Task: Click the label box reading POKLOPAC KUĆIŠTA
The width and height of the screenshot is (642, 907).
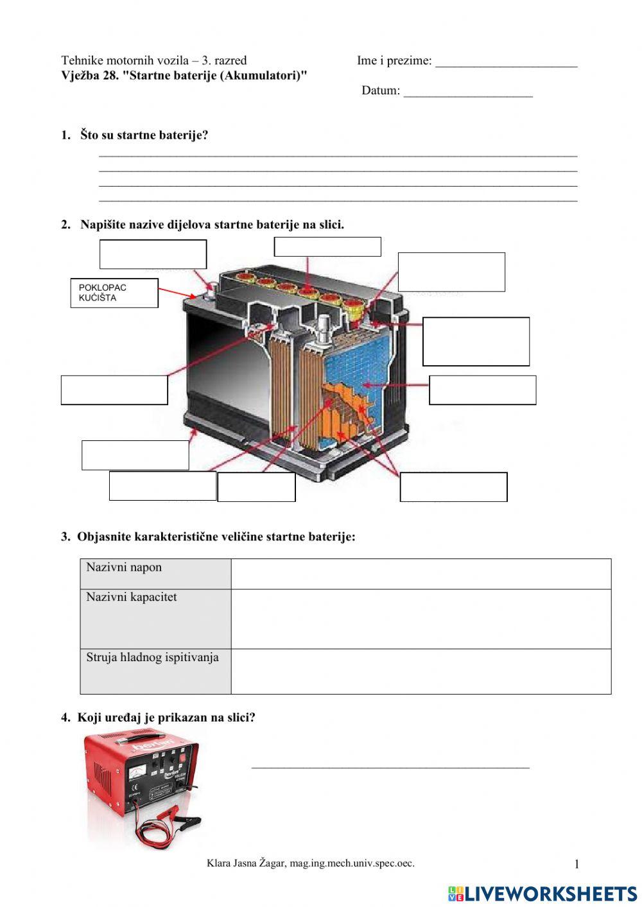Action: [114, 293]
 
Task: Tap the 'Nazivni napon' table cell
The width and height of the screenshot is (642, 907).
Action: [155, 574]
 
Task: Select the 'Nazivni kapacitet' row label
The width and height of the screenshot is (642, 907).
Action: [155, 619]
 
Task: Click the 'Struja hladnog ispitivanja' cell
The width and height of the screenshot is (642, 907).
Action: [155, 671]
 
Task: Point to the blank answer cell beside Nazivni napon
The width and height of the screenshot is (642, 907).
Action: [421, 574]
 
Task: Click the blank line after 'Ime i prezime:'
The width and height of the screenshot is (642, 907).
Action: [506, 63]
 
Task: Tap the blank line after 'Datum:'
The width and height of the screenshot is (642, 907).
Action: [468, 92]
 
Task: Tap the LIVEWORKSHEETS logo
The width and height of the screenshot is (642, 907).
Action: [542, 893]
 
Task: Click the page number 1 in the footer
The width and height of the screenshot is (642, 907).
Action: [577, 865]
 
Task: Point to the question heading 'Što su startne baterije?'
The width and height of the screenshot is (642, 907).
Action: [144, 135]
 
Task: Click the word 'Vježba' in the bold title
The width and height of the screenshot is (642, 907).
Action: [80, 76]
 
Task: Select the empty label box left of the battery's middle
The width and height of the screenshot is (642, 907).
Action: [114, 390]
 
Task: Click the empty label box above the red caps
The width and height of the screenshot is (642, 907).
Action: [327, 246]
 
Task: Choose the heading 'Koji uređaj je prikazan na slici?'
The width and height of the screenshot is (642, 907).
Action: [166, 718]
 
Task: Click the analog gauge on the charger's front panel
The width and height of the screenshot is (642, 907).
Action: [137, 773]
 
